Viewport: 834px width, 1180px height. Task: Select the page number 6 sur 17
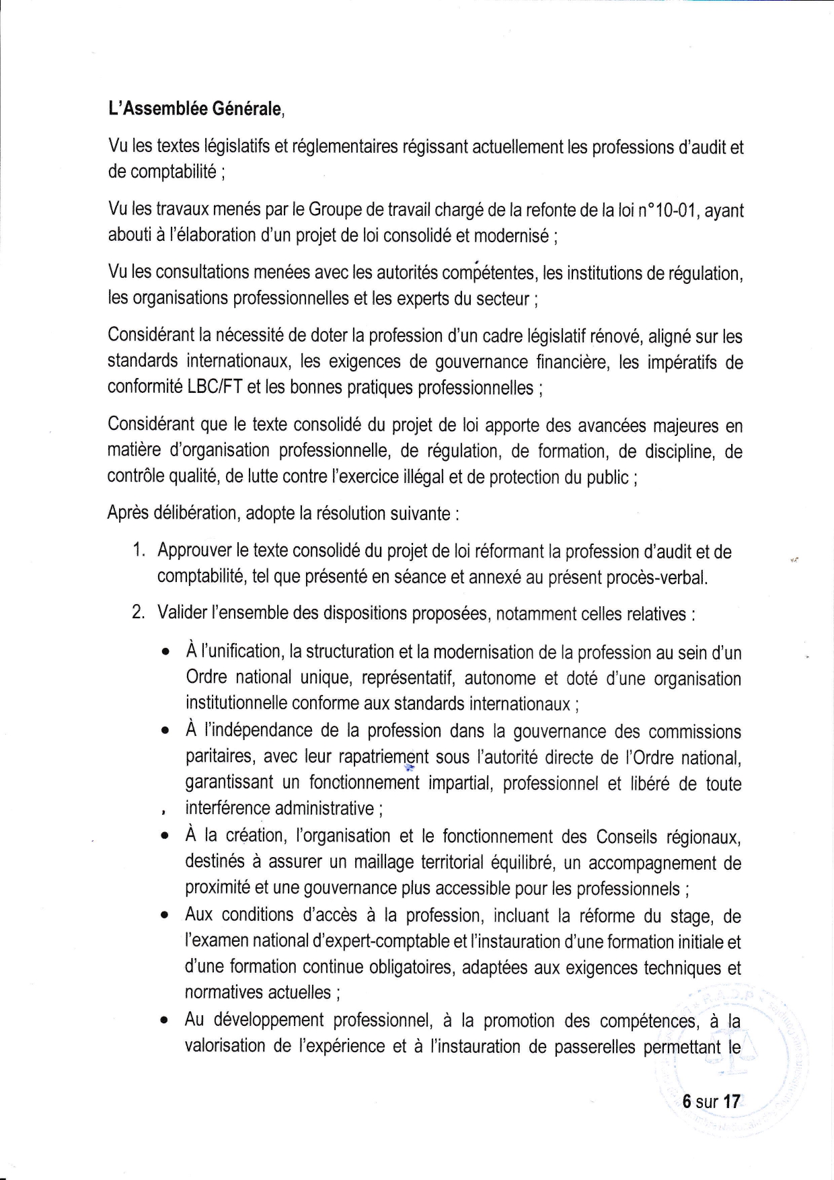[x=711, y=1101]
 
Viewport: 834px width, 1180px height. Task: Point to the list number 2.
[x=139, y=613]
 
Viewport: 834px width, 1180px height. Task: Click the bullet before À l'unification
[x=165, y=653]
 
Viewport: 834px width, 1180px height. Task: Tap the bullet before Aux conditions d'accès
[x=165, y=916]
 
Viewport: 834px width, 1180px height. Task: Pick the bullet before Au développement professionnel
[x=165, y=1021]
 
